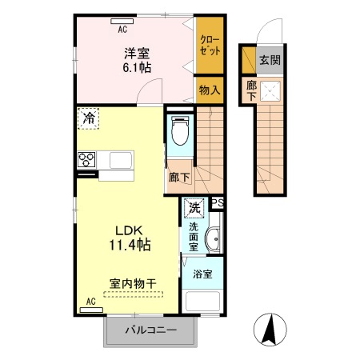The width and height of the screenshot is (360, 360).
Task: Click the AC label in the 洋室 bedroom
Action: (x=122, y=29)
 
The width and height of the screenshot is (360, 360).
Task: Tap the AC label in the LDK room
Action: (x=90, y=301)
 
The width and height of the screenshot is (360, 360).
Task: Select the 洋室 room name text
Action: (x=134, y=53)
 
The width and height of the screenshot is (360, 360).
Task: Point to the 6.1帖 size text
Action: (x=137, y=68)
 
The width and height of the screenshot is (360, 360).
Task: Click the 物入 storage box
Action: (x=210, y=90)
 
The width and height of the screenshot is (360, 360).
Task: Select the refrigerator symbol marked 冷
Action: (x=87, y=118)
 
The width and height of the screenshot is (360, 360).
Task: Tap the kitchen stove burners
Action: (x=86, y=159)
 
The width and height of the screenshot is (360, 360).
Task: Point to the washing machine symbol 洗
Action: (x=194, y=207)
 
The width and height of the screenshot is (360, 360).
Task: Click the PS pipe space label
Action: (x=218, y=203)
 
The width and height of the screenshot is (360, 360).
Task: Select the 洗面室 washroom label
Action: (x=194, y=236)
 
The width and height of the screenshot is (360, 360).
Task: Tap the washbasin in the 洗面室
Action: (x=212, y=240)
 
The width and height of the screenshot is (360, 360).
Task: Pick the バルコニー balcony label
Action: (x=150, y=330)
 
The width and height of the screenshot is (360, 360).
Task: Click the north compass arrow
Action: (x=270, y=328)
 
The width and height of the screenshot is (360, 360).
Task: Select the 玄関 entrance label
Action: (x=269, y=61)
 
